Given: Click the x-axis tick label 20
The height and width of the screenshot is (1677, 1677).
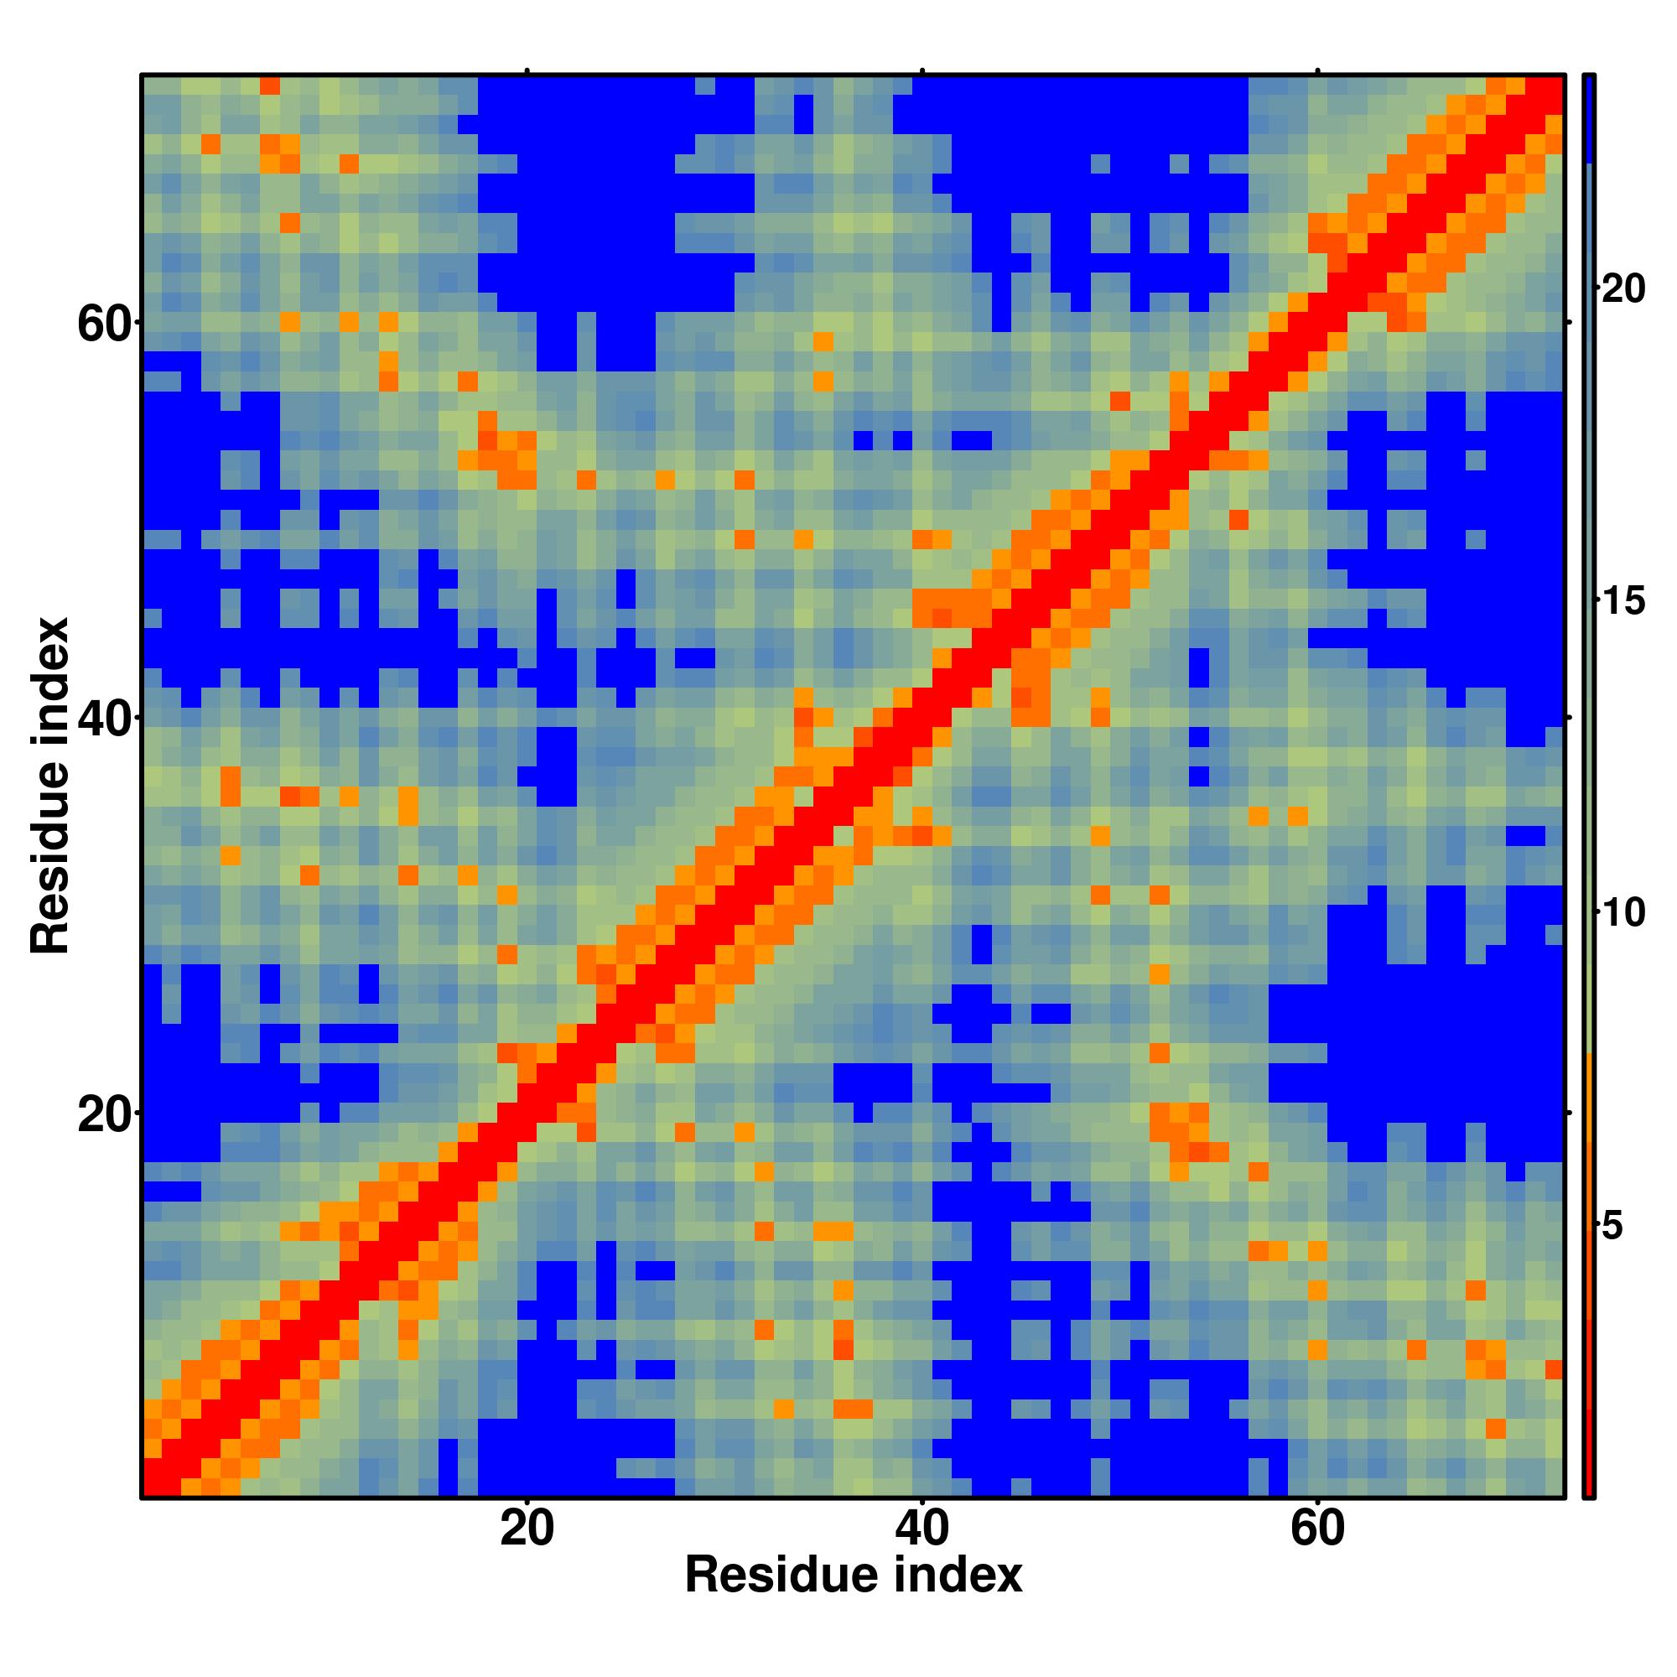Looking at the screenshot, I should (527, 1552).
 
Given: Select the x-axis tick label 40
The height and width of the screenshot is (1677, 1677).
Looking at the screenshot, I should (922, 1552).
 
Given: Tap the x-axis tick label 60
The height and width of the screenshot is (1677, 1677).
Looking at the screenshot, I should (1316, 1552).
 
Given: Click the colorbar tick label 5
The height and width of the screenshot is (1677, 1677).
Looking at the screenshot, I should (1612, 1227).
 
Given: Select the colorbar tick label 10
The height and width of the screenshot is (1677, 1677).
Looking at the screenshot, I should (1622, 913).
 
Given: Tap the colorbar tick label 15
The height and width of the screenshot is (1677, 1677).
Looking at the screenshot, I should (1622, 600).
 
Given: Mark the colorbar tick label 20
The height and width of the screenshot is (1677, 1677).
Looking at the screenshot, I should (1622, 288).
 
